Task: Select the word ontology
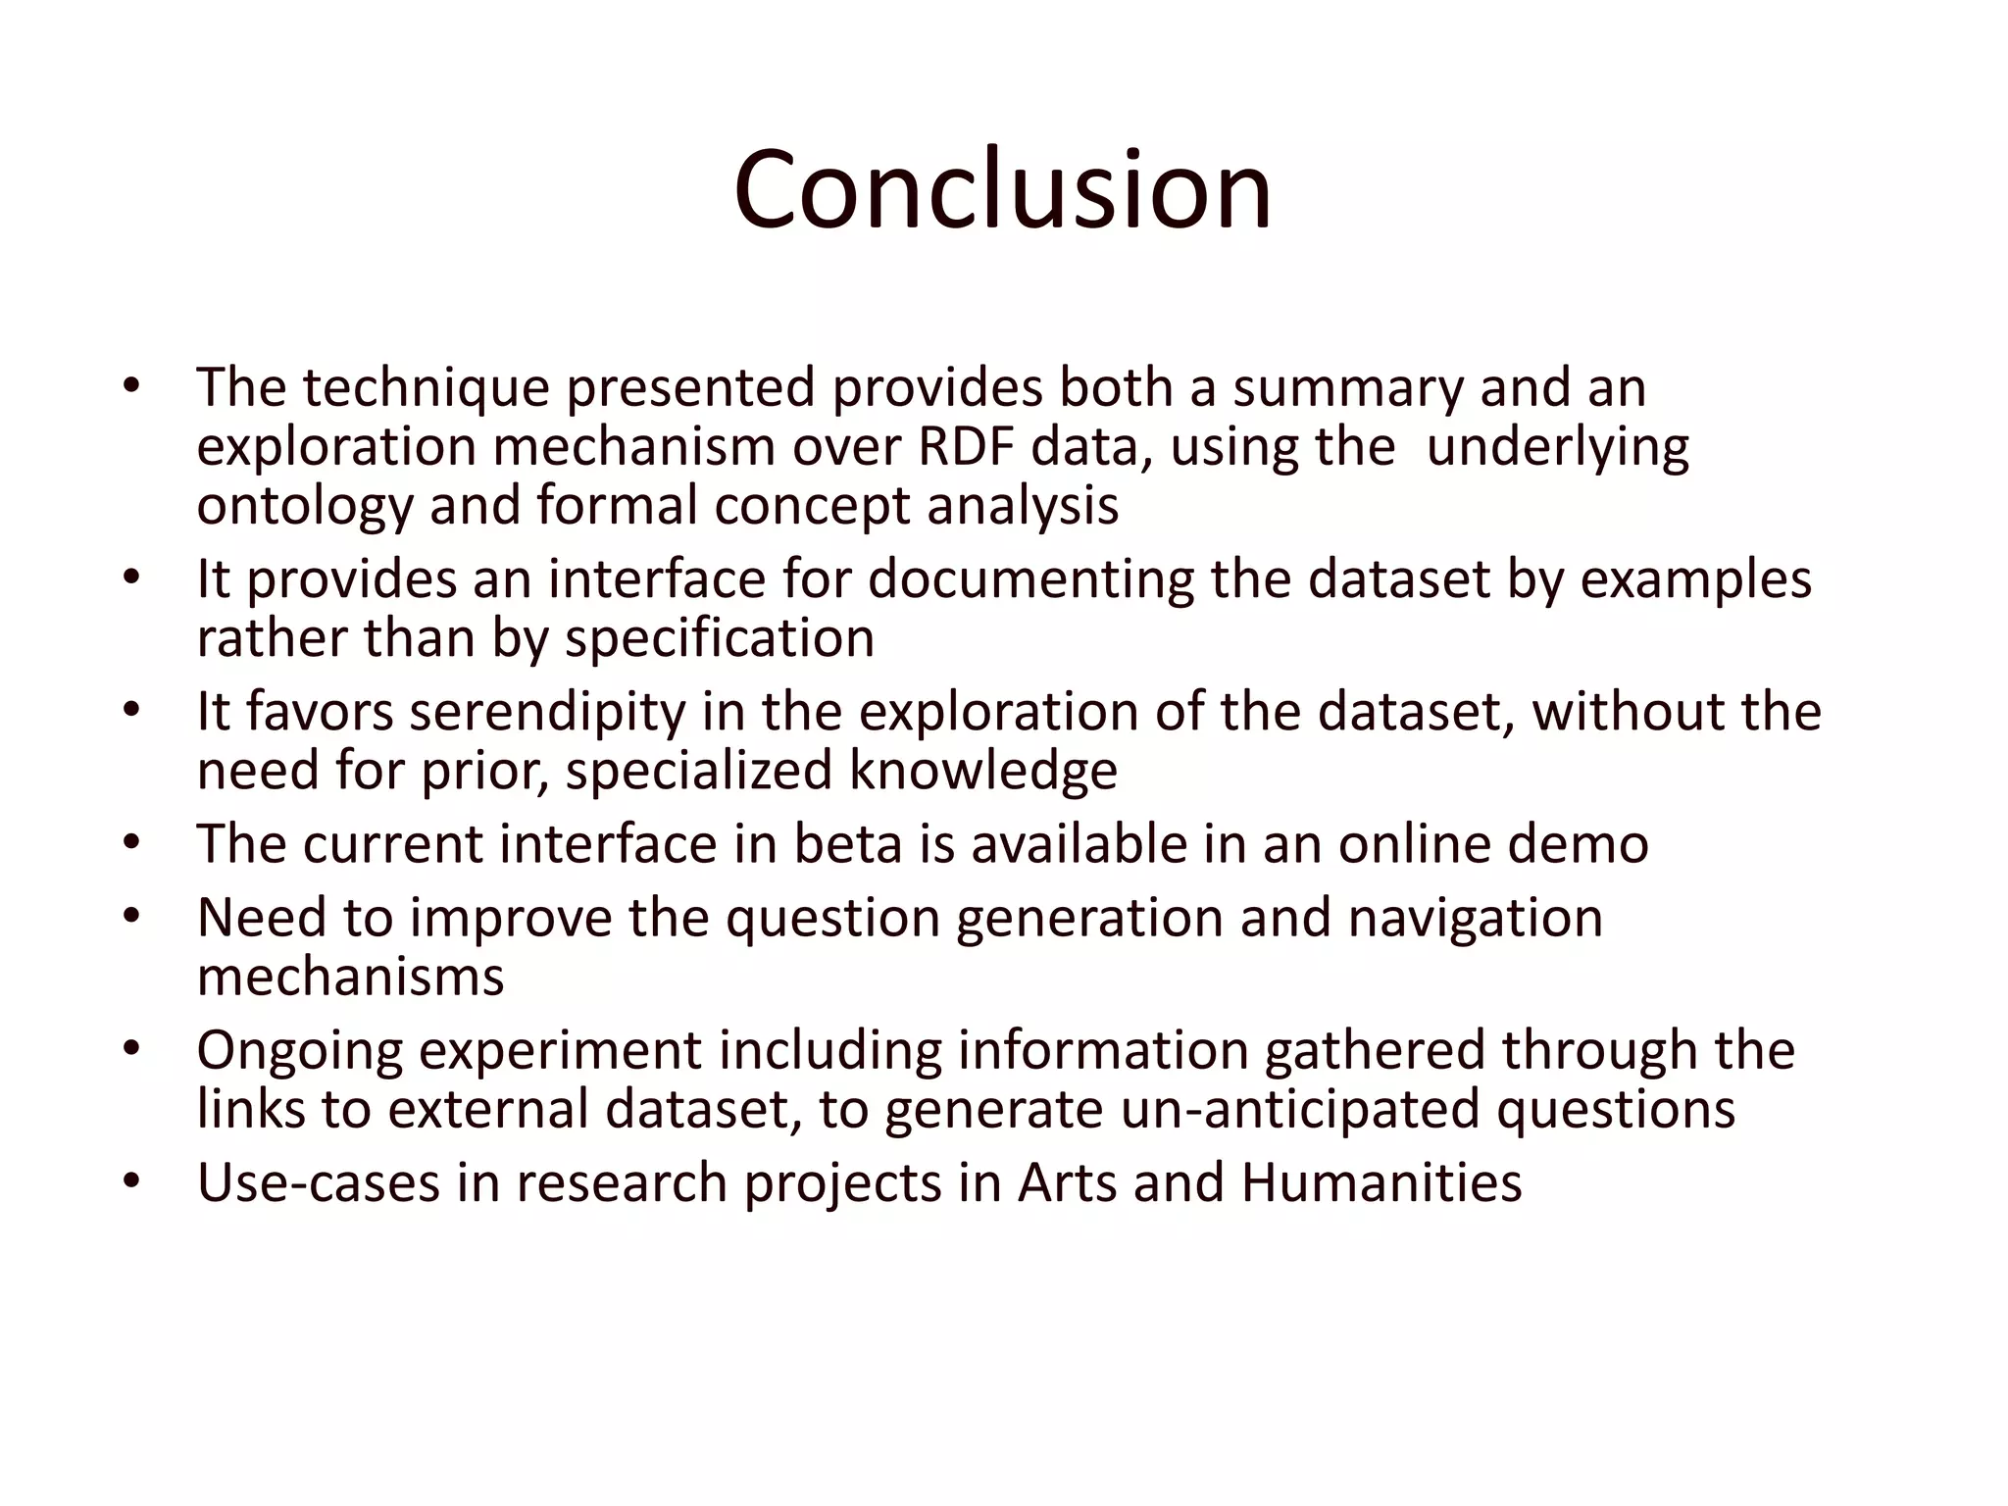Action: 304,507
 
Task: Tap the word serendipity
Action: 547,712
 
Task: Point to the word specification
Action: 720,639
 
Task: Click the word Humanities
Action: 1380,1182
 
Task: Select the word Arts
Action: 1067,1182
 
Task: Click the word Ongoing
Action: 300,1050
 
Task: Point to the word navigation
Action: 1475,918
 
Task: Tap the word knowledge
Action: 982,771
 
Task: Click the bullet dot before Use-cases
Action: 132,1180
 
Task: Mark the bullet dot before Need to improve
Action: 132,916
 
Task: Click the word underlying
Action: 1557,447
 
